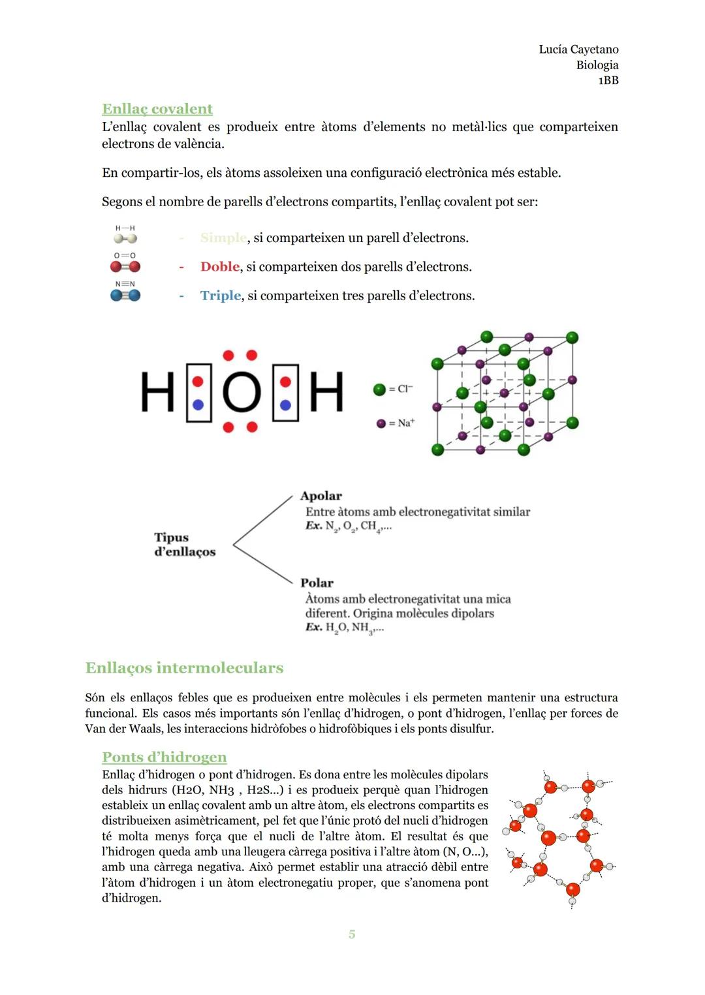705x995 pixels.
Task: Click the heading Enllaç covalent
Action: (x=157, y=109)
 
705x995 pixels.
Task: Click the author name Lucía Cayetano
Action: (x=578, y=50)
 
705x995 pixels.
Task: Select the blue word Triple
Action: (x=221, y=296)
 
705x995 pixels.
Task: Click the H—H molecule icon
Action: (x=125, y=236)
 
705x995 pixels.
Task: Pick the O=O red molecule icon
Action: (x=125, y=264)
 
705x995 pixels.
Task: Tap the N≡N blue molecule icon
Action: (x=125, y=292)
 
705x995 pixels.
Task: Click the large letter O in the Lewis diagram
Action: (x=242, y=393)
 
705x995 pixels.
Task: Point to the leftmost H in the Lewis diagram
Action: (x=157, y=393)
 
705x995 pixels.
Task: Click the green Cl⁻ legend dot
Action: (x=379, y=390)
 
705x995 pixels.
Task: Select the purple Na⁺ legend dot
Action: (x=381, y=423)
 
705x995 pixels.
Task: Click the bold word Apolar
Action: (x=321, y=496)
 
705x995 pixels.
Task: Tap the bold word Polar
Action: (x=317, y=583)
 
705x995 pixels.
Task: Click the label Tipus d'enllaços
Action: (x=184, y=545)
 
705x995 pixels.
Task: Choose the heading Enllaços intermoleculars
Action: (x=184, y=668)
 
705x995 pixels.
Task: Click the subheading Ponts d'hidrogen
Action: (x=164, y=758)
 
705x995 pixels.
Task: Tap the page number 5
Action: (x=352, y=934)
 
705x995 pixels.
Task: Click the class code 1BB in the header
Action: (x=608, y=81)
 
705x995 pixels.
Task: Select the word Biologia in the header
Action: (x=597, y=65)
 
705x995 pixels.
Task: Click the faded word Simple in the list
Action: (x=223, y=238)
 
